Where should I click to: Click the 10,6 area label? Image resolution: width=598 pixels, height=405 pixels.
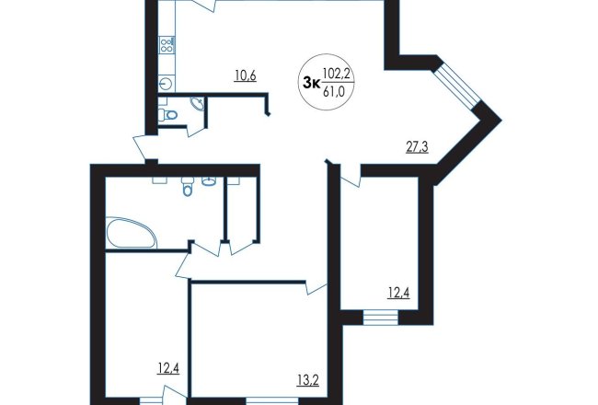click(246, 75)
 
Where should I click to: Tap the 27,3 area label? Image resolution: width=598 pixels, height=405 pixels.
click(417, 146)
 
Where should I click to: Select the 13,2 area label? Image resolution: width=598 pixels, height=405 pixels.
click(308, 380)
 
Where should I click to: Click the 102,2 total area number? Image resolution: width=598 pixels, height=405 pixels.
click(337, 74)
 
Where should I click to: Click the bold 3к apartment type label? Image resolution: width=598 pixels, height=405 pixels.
click(311, 83)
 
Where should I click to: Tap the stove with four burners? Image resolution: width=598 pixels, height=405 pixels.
click(167, 45)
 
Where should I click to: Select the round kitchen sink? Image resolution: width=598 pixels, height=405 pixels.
click(166, 83)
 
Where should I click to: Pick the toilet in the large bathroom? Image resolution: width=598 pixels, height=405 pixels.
click(187, 187)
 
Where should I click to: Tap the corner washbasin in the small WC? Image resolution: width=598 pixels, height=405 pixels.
click(198, 103)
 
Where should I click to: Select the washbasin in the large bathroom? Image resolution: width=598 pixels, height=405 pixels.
click(209, 181)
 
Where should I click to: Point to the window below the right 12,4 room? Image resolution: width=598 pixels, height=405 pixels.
click(381, 318)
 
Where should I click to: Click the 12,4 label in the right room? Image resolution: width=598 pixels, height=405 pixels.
click(399, 293)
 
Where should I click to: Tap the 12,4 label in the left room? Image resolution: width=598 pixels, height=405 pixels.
click(168, 368)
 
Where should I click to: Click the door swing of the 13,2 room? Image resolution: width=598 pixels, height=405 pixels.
click(316, 288)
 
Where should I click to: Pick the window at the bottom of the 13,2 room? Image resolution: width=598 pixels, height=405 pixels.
click(272, 401)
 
